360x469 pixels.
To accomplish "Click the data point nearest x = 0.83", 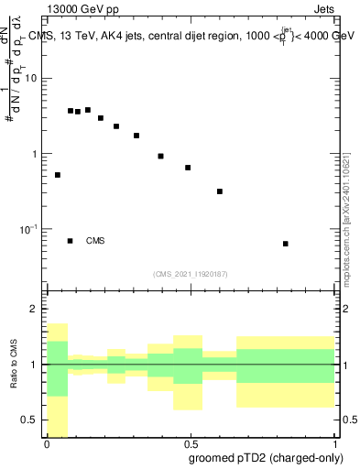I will tap(286, 244).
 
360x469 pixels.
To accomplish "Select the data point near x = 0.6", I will tap(220, 191).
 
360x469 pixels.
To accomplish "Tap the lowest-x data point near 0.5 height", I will tap(58, 175).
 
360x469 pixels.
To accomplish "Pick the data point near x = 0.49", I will tap(188, 168).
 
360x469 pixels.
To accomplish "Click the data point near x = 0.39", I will tap(160, 157).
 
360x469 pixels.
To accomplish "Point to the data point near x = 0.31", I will tap(136, 136).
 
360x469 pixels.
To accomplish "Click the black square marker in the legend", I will tap(71, 241).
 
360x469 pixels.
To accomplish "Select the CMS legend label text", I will tap(95, 242).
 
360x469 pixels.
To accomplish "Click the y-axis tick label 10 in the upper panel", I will tap(31, 78).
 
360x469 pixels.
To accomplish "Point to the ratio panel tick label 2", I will tap(37, 309).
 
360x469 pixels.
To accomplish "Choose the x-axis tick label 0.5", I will tap(191, 442).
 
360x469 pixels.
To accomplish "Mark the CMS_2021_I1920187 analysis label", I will tap(191, 274).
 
